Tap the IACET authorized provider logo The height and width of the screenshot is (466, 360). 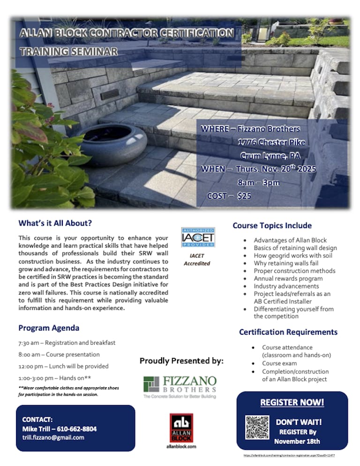pos(197,238)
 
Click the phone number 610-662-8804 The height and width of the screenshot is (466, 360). pos(76,428)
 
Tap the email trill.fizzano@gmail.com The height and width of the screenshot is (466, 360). pos(53,437)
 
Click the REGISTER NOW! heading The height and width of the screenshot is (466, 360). pos(292,403)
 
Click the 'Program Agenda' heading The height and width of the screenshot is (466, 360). pos(49,328)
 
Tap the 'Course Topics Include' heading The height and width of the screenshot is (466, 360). pos(272,225)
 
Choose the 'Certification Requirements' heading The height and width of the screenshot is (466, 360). pos(288,332)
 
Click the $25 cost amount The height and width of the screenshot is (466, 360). pos(244,196)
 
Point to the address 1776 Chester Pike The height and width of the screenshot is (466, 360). pos(271,142)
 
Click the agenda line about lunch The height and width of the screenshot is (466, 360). pos(63,366)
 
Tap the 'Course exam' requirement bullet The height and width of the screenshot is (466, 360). pos(279,363)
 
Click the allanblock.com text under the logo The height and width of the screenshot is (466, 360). pos(181,447)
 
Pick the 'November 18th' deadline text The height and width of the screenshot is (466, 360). pos(297,441)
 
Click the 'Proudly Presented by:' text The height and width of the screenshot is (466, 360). pos(181,361)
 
